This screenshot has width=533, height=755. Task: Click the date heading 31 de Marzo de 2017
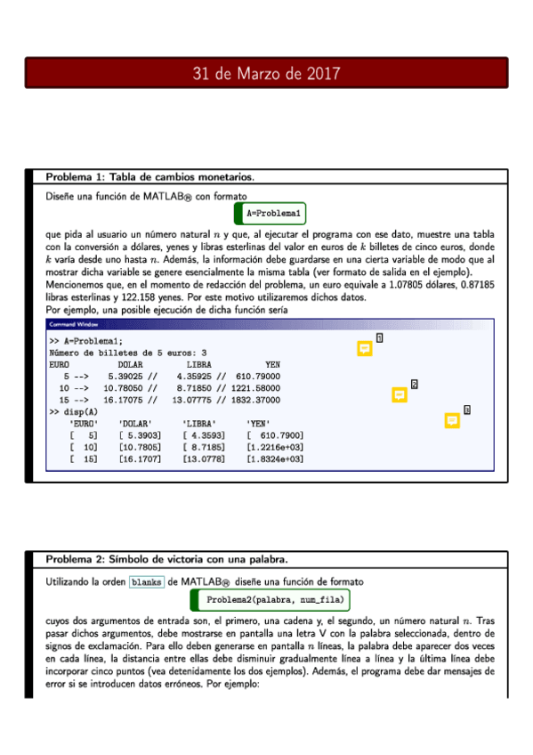(x=266, y=74)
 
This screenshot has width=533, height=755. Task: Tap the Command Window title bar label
(x=74, y=324)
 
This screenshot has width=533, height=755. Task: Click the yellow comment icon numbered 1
(x=364, y=349)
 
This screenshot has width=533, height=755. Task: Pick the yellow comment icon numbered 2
(x=400, y=394)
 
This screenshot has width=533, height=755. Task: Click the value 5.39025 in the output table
(x=123, y=377)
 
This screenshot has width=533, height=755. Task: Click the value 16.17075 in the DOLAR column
(x=123, y=400)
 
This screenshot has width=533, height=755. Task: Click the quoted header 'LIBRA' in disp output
(x=198, y=423)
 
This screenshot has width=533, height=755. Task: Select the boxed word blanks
(x=146, y=581)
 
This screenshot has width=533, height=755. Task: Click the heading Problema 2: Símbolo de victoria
(x=166, y=559)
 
